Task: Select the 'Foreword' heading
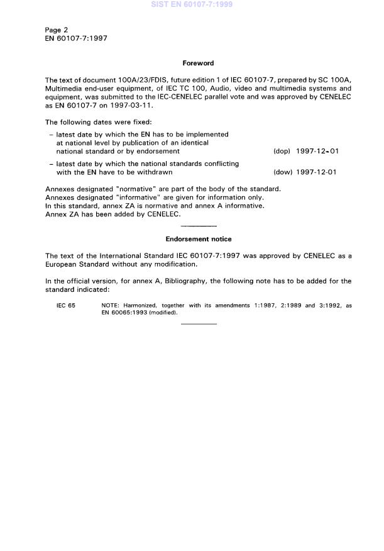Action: [198, 63]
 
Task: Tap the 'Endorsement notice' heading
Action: [198, 239]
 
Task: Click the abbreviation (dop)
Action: [282, 152]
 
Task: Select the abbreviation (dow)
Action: [282, 172]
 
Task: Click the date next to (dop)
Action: [317, 152]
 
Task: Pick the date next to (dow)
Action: [317, 172]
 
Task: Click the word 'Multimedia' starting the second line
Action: [64, 89]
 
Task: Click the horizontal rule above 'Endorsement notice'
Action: [198, 226]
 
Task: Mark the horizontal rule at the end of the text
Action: [198, 324]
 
